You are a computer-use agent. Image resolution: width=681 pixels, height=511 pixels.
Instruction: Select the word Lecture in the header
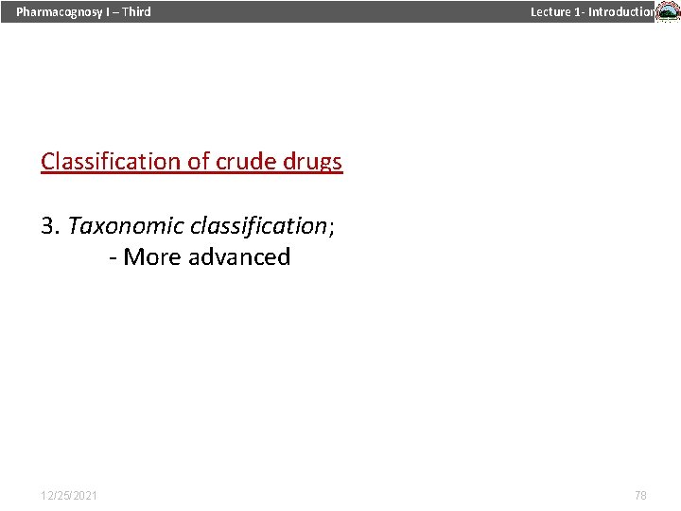coord(550,12)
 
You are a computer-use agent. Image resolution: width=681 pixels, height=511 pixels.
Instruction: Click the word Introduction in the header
coord(621,12)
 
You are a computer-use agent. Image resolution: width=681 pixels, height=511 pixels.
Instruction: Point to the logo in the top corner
coord(668,12)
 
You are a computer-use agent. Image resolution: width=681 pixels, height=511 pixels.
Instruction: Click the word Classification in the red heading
coord(111,162)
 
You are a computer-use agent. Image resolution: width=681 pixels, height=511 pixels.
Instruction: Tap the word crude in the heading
coord(245,162)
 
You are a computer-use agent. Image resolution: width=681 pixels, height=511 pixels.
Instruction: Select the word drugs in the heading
coord(312,162)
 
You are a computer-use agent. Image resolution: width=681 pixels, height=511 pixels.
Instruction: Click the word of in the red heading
coord(198,162)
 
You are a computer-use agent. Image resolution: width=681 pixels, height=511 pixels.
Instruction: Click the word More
coord(152,257)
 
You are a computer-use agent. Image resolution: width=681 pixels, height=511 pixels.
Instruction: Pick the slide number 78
coord(640,495)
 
